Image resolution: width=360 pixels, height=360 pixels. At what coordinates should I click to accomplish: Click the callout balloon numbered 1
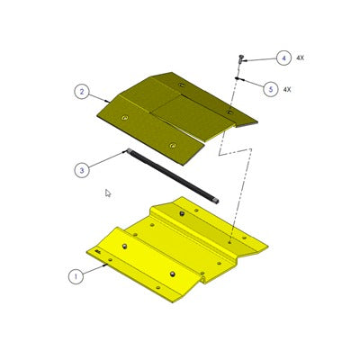point(76,276)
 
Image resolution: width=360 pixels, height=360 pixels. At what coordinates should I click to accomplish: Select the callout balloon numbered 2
point(81,91)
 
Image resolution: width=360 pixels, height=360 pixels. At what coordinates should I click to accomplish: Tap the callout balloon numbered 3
point(82,168)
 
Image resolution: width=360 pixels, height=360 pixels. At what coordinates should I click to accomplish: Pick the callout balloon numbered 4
point(283,58)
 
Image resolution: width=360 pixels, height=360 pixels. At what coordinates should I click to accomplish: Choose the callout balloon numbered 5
point(270,88)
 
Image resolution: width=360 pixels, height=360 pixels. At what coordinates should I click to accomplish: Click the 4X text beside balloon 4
point(300,58)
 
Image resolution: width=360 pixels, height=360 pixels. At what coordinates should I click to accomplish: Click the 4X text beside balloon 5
point(287,89)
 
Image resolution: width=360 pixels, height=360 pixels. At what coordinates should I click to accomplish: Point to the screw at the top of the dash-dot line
point(242,58)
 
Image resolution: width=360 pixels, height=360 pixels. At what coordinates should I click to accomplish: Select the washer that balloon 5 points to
point(236,80)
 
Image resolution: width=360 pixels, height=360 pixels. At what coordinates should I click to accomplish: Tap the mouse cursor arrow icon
point(108,193)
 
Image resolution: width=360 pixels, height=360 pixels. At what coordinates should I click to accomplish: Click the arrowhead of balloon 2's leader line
point(112,101)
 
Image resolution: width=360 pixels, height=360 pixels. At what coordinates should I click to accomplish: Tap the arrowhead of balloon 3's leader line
point(129,153)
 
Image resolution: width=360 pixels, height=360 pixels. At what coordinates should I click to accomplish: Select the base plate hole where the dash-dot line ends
point(230,240)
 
